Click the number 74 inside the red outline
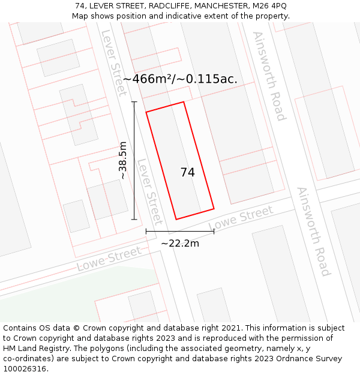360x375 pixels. click(187, 172)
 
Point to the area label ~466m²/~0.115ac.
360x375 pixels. click(180, 79)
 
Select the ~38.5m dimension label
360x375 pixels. click(122, 160)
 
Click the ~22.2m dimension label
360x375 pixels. click(179, 243)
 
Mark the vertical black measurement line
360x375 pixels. click(134, 160)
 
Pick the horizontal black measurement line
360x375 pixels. click(179, 231)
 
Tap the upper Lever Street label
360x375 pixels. click(114, 62)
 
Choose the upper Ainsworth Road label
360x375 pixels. click(269, 76)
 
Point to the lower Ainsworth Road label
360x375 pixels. click(313, 231)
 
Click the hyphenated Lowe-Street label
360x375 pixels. click(109, 259)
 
